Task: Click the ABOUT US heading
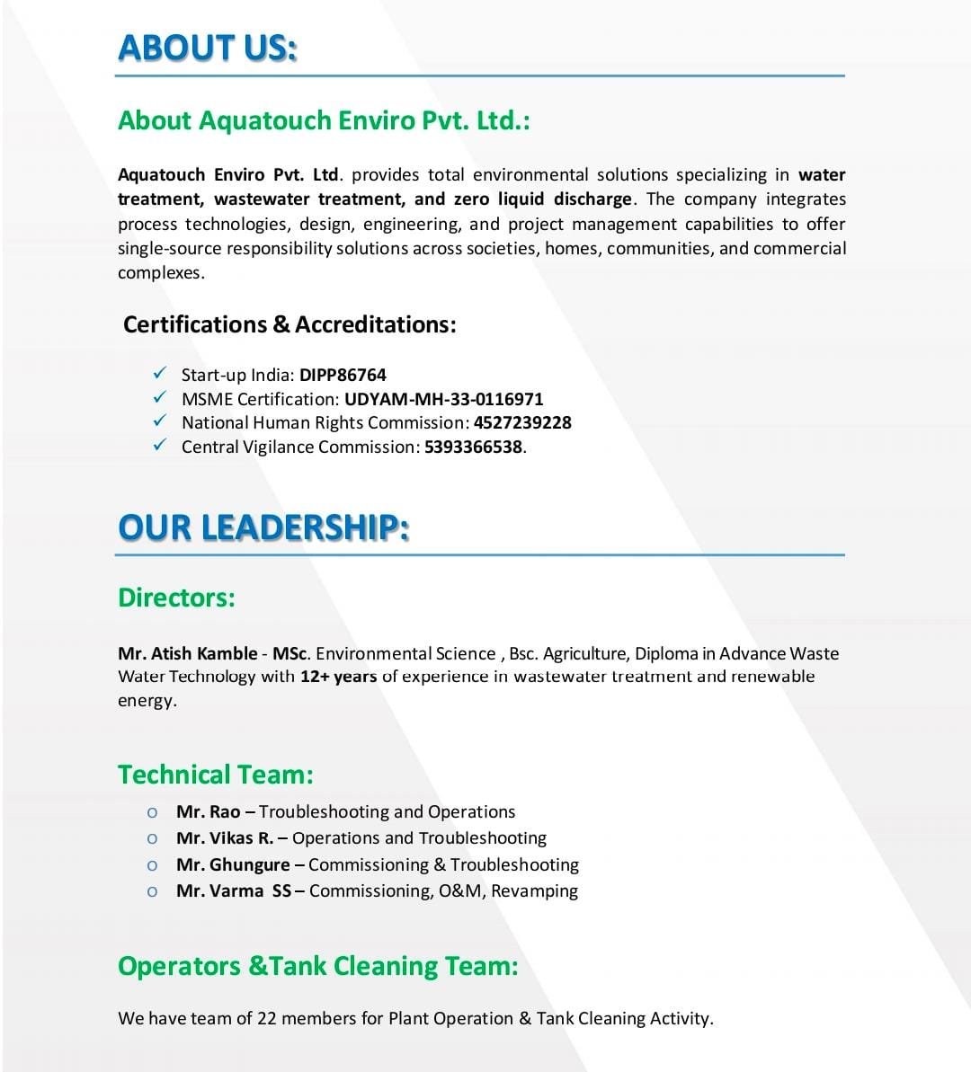click(208, 48)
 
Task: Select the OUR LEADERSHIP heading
click(263, 527)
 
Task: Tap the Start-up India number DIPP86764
click(343, 375)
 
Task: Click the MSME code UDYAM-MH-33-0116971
click(443, 399)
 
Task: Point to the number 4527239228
click(522, 422)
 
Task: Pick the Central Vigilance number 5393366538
click(473, 447)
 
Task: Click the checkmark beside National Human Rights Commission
click(160, 421)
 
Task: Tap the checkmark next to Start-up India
click(160, 373)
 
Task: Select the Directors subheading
click(176, 598)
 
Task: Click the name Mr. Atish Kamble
click(187, 653)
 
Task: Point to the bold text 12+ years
click(338, 677)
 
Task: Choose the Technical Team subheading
click(216, 775)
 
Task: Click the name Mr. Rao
click(208, 812)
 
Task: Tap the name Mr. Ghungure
click(233, 865)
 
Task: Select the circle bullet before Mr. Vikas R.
click(153, 839)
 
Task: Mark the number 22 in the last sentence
click(267, 1019)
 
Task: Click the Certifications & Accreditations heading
click(290, 324)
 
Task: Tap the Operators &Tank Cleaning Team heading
click(318, 967)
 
